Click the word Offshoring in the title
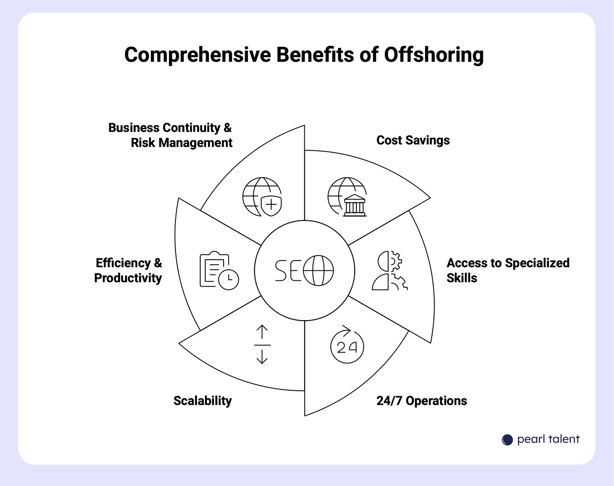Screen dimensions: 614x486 pyautogui.click(x=433, y=55)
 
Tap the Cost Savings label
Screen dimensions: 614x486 pyautogui.click(x=413, y=140)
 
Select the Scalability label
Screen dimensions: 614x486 pyautogui.click(x=203, y=401)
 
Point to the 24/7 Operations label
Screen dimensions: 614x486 pyautogui.click(x=422, y=401)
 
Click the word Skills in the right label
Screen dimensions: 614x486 pyautogui.click(x=462, y=278)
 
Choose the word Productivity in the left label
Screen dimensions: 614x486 pyautogui.click(x=128, y=278)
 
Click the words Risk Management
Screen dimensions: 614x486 pyautogui.click(x=181, y=143)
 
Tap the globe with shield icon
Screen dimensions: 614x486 pyautogui.click(x=262, y=197)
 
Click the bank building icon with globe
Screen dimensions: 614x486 pyautogui.click(x=347, y=197)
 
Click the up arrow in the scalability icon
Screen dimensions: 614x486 pyautogui.click(x=262, y=332)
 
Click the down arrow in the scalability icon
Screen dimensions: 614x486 pyautogui.click(x=262, y=356)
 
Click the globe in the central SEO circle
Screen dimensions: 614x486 pyautogui.click(x=318, y=270)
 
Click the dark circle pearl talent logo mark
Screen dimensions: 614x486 pyautogui.click(x=507, y=440)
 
